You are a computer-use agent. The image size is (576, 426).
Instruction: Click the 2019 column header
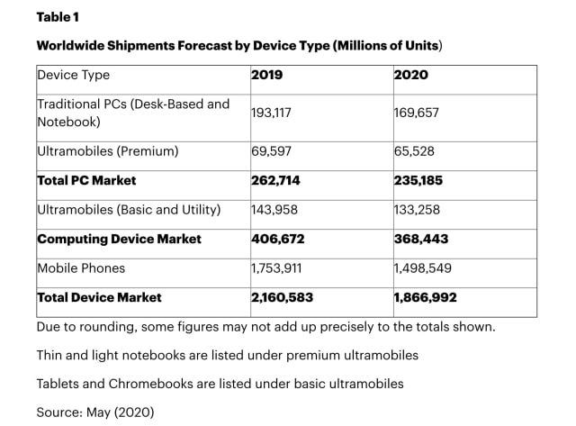(x=267, y=75)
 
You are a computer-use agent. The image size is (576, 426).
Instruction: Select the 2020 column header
(x=410, y=75)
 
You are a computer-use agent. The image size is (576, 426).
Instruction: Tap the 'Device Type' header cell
(x=74, y=75)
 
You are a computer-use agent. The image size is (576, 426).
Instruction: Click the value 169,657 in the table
(x=418, y=113)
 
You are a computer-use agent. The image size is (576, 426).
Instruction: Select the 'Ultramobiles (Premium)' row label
(x=107, y=151)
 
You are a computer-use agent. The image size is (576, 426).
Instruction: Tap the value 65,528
(x=415, y=151)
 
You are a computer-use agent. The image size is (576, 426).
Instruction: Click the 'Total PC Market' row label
(x=87, y=180)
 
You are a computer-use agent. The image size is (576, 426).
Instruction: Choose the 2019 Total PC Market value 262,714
(x=275, y=180)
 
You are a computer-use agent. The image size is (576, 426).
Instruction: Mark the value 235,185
(x=418, y=180)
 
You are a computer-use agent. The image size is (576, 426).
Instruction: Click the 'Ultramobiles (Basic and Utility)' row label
(x=128, y=210)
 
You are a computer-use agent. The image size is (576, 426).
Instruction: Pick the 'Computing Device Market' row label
(x=119, y=239)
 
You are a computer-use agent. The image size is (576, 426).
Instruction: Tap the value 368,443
(x=420, y=239)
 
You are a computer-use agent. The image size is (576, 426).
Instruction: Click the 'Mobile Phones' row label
(x=81, y=267)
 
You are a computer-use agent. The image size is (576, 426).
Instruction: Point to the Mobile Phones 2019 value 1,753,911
(x=283, y=267)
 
